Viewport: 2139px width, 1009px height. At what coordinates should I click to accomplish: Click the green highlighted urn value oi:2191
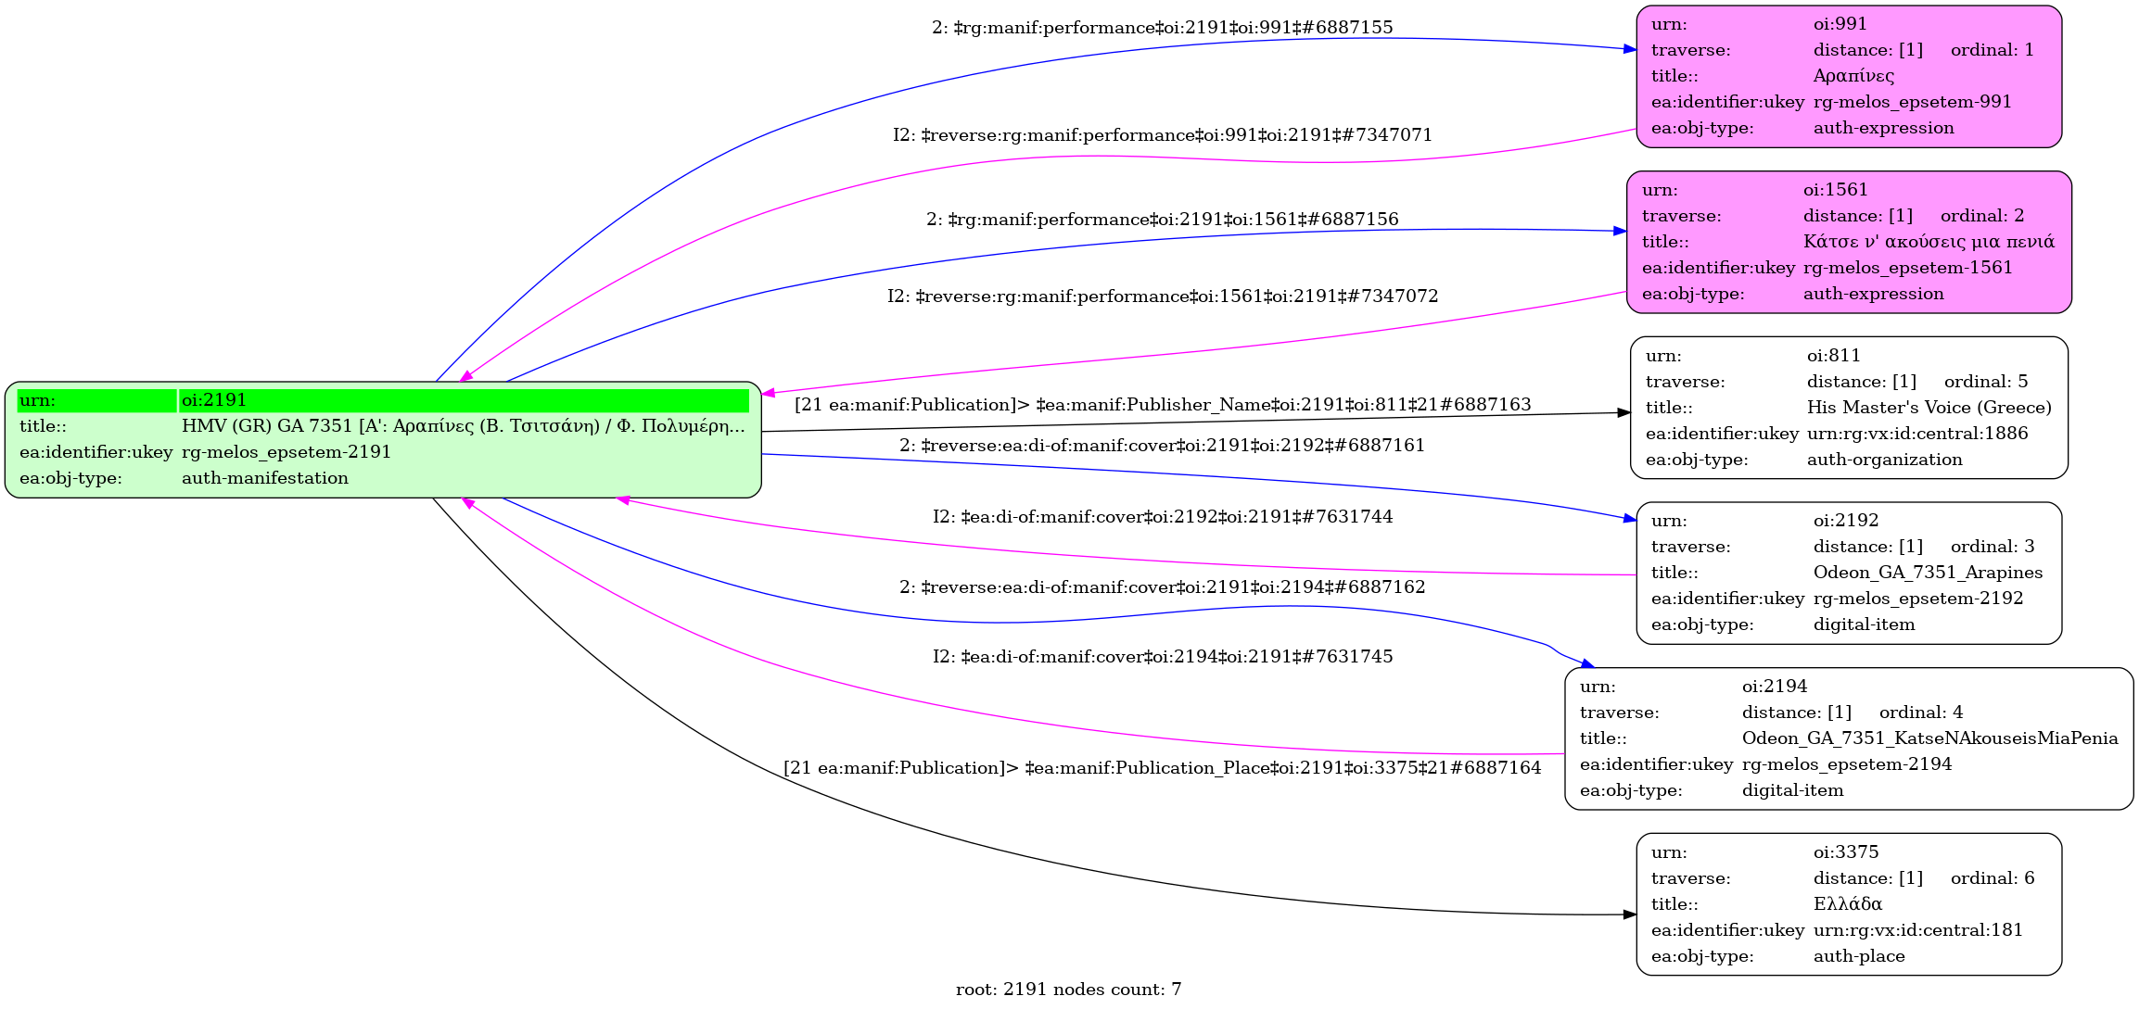point(214,400)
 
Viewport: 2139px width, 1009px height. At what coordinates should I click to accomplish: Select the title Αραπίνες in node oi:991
point(1853,76)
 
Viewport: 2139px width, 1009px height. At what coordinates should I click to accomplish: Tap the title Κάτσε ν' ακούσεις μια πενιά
point(1929,242)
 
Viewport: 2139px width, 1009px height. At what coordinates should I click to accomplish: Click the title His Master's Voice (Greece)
point(1929,408)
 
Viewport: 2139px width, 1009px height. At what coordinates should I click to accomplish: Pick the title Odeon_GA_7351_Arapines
point(1928,573)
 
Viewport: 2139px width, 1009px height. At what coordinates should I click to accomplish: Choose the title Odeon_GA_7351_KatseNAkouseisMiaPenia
point(1929,738)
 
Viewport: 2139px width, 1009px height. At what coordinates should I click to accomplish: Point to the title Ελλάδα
point(1847,904)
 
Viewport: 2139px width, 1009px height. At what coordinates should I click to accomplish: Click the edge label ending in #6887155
point(1162,28)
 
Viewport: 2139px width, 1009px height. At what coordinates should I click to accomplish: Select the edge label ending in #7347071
point(1162,135)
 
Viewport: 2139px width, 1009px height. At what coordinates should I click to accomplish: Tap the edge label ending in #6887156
point(1162,220)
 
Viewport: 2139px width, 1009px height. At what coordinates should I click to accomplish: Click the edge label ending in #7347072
point(1162,296)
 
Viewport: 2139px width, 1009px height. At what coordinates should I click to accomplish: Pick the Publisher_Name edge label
point(1162,405)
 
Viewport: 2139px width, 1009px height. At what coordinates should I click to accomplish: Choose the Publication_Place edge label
point(1162,768)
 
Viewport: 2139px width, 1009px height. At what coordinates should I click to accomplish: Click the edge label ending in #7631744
point(1162,517)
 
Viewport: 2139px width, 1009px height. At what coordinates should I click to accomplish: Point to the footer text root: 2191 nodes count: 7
point(1068,990)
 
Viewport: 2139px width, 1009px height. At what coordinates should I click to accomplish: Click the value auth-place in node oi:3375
point(1858,956)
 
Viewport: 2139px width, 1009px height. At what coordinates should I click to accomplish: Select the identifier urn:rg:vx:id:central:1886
point(1916,434)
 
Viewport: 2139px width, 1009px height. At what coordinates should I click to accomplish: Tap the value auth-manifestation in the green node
point(264,478)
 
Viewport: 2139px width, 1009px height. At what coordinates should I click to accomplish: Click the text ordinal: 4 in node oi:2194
point(1920,713)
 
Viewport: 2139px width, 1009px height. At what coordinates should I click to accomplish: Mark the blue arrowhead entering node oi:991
point(1631,48)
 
